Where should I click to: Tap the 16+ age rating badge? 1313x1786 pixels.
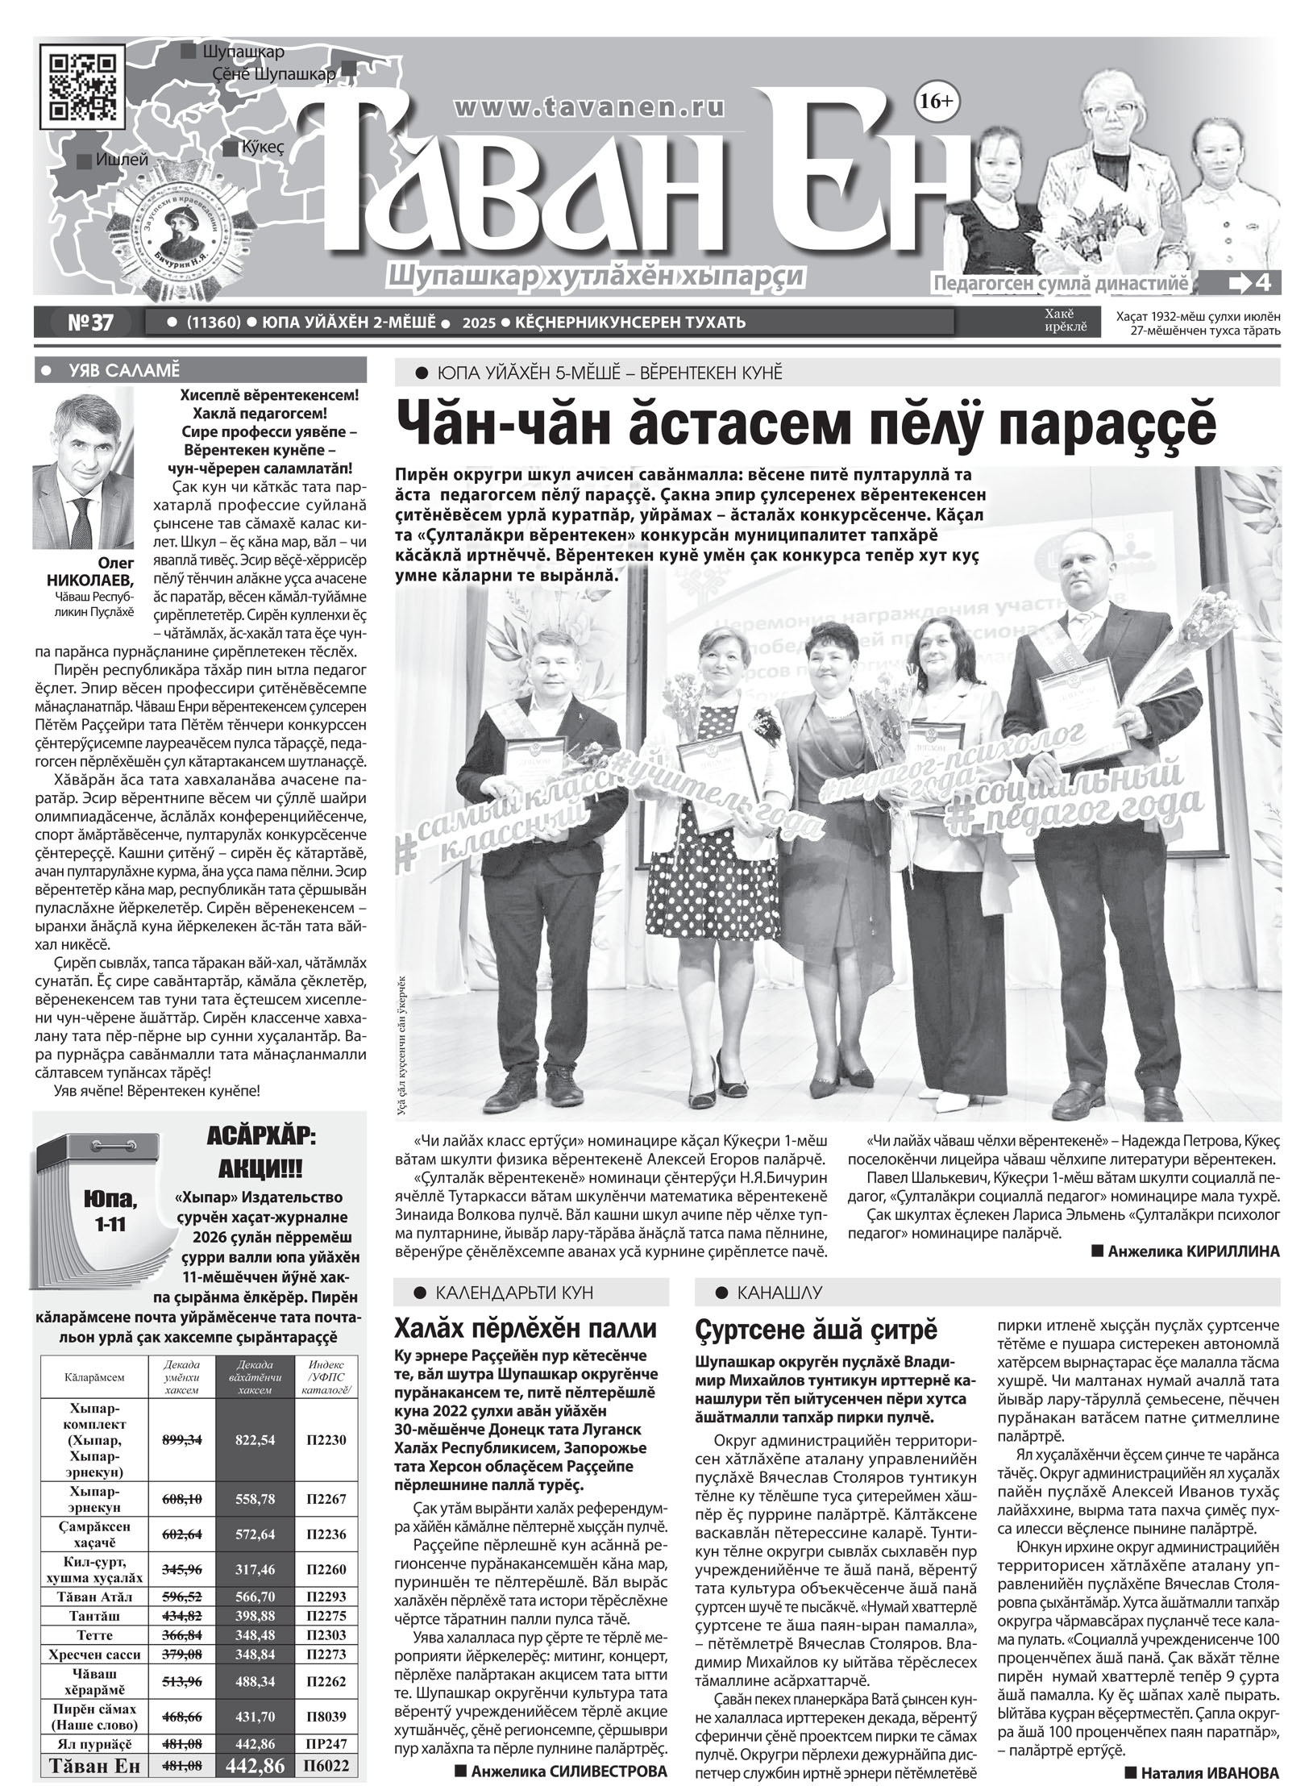(933, 101)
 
